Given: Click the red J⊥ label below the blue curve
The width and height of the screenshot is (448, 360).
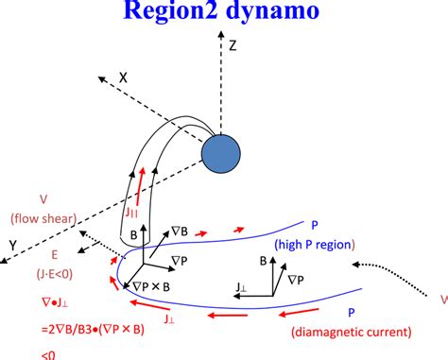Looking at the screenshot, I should tap(169, 321).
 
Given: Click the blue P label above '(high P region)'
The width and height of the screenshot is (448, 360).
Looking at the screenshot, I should tap(313, 225).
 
